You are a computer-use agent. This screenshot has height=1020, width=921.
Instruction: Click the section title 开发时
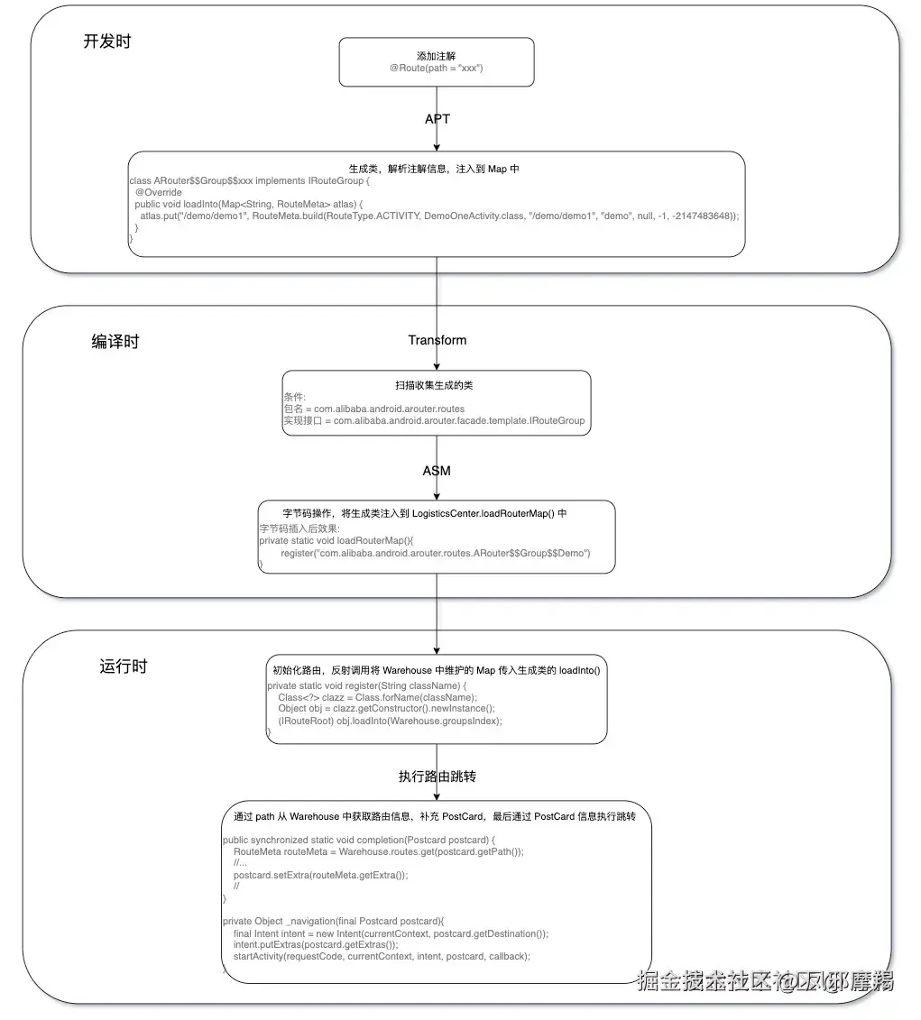[x=106, y=41]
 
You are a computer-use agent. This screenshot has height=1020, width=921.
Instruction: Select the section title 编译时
[x=115, y=342]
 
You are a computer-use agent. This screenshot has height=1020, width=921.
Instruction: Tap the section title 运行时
[x=123, y=666]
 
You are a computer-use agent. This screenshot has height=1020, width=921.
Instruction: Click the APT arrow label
[x=437, y=119]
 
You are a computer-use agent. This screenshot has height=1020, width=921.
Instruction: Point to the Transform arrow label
[x=437, y=340]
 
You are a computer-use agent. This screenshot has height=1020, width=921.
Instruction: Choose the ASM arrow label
[x=437, y=471]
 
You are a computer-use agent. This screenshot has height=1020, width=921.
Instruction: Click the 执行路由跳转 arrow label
[x=437, y=776]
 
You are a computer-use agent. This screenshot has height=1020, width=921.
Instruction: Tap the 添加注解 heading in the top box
[x=437, y=56]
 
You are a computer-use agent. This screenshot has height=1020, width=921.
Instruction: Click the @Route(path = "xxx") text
[x=437, y=69]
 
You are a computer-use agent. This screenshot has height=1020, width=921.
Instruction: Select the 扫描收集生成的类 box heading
[x=437, y=385]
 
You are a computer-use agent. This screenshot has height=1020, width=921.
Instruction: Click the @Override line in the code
[x=159, y=192]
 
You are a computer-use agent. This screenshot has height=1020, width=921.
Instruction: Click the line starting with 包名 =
[x=374, y=409]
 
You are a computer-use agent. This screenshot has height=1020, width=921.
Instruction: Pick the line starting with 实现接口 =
[x=434, y=420]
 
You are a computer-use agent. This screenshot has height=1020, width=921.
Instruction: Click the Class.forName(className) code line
[x=377, y=697]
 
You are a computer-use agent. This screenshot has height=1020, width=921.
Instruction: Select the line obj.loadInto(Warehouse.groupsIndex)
[x=390, y=721]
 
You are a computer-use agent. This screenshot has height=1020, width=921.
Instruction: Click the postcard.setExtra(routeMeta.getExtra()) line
[x=320, y=874]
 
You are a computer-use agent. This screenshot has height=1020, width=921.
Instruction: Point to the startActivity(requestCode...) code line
[x=382, y=956]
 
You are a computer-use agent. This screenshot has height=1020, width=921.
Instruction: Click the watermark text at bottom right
[x=765, y=981]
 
